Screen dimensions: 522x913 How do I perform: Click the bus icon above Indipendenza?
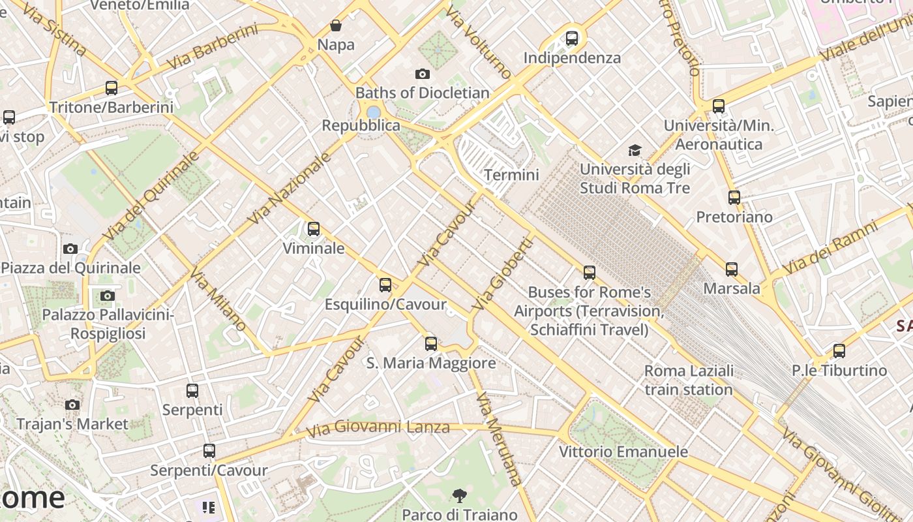tap(572, 38)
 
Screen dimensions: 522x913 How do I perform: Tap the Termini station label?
tap(511, 175)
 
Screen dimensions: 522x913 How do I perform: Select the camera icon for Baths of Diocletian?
tap(423, 74)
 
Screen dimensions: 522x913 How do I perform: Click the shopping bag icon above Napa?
tap(336, 26)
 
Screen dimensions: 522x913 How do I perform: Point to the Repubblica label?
tap(361, 125)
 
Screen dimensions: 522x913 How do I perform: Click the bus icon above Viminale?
tap(314, 229)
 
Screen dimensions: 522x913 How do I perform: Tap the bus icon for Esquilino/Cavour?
tap(385, 285)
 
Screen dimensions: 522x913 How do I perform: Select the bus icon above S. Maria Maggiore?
tap(431, 344)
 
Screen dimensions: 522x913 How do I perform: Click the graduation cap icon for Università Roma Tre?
tap(635, 151)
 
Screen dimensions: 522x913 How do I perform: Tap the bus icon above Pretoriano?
tap(734, 198)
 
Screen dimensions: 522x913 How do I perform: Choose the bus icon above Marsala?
tap(732, 269)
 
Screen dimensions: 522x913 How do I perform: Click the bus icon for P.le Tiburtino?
tap(839, 351)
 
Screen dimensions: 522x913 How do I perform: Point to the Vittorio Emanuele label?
tap(623, 452)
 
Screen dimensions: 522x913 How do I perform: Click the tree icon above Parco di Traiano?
tap(460, 496)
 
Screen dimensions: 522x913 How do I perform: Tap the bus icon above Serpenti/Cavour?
tap(209, 451)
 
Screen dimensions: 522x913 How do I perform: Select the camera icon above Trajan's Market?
tap(72, 405)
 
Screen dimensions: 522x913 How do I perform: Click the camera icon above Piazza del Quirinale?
tap(70, 249)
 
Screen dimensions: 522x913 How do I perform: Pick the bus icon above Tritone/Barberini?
tap(112, 88)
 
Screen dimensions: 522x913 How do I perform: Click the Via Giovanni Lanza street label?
tap(378, 428)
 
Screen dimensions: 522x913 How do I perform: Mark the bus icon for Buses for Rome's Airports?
tap(590, 273)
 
